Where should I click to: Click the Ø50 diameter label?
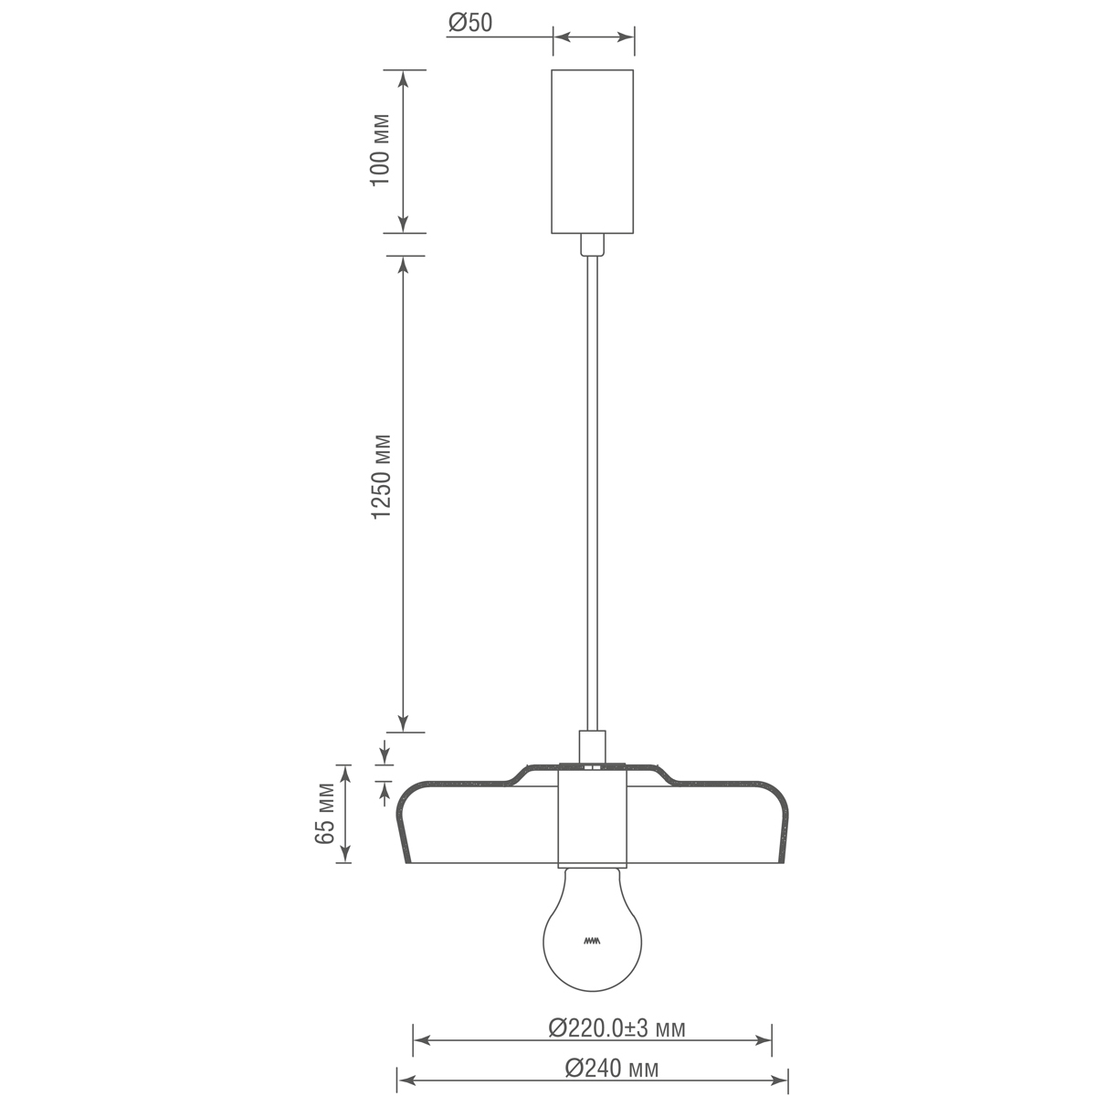pos(470,23)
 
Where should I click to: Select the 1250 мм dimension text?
pos(380,476)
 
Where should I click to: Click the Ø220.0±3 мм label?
pos(616,1029)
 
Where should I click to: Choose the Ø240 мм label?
pos(611,1068)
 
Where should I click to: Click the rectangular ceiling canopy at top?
pos(593,151)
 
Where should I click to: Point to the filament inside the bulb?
pos(592,941)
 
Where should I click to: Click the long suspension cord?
pos(593,493)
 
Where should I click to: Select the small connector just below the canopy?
pos(593,245)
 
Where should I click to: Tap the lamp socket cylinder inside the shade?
pos(593,817)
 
